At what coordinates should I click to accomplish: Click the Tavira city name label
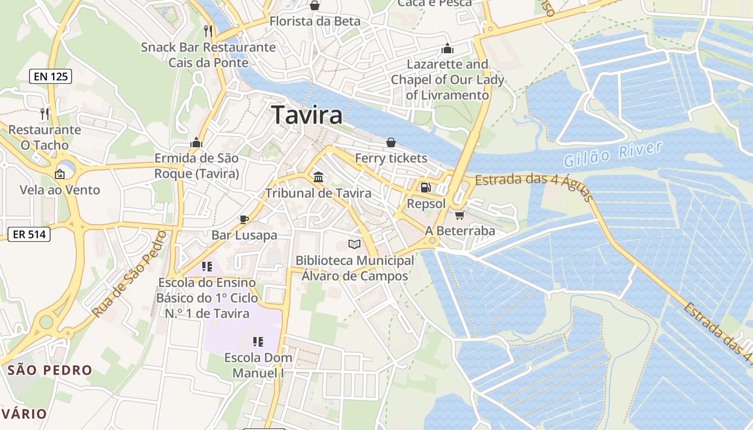pos(307,116)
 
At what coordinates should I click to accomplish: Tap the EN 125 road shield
pos(51,76)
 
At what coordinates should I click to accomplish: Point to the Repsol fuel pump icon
pos(426,188)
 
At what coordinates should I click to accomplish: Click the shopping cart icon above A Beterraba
pos(459,215)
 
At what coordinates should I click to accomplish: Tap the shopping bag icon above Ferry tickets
pos(391,142)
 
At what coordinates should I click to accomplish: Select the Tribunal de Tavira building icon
pos(318,177)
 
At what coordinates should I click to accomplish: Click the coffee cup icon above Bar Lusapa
pos(244,219)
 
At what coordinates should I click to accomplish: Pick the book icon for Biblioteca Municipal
pos(354,245)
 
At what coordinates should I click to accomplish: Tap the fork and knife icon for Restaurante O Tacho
pos(45,113)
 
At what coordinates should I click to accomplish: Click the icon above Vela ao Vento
pos(60,174)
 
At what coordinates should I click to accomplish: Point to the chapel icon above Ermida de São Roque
pos(196,142)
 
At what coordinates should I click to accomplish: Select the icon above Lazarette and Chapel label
pos(447,49)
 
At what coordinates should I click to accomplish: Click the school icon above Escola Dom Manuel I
pos(258,341)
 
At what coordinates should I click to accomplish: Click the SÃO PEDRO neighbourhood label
pos(50,370)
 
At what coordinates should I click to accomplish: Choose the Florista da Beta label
pos(315,21)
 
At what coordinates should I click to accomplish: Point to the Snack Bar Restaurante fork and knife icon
pos(209,31)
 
